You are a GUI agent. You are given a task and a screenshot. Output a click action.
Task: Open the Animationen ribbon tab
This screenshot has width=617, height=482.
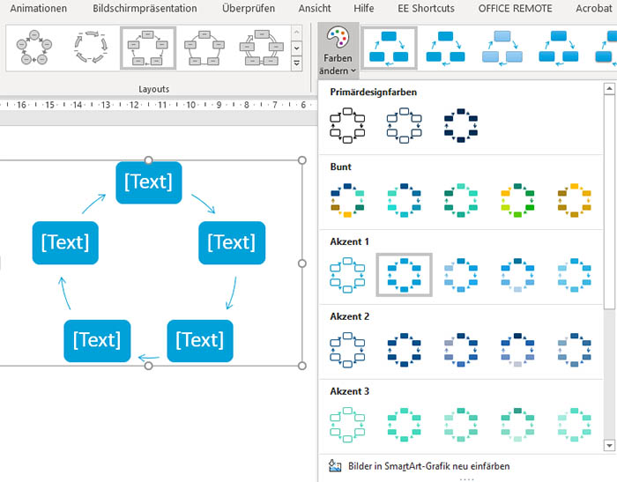(39, 8)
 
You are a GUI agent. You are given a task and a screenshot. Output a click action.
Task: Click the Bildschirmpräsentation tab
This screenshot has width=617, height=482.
(145, 8)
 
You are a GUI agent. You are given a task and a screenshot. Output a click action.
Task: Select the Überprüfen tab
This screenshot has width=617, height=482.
(249, 8)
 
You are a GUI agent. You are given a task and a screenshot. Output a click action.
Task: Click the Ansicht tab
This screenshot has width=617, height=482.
(315, 8)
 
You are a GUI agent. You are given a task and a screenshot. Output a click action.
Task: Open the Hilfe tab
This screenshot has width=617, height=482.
(363, 8)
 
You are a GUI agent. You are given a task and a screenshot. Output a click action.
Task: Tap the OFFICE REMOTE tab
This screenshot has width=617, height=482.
(515, 8)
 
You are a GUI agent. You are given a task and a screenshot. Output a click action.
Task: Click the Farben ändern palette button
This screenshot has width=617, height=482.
(338, 49)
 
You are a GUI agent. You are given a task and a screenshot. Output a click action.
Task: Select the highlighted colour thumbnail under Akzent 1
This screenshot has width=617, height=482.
(404, 275)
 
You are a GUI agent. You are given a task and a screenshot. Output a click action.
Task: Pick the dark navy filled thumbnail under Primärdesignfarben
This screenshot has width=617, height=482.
(461, 125)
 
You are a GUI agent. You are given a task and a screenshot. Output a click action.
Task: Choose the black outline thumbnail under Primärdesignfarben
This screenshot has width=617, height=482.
(347, 125)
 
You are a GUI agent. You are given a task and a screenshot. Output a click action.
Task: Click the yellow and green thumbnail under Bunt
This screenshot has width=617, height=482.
(517, 200)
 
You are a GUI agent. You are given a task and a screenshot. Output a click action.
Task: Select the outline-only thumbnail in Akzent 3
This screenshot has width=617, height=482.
(347, 425)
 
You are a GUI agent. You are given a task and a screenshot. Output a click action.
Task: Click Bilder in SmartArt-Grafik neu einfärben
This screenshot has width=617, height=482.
(428, 466)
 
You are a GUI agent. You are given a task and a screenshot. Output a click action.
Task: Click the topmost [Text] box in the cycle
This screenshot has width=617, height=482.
(149, 182)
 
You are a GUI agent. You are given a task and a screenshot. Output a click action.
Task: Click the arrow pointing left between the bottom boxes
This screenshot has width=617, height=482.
(149, 358)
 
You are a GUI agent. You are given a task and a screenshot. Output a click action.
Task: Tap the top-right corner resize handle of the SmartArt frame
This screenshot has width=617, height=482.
(301, 160)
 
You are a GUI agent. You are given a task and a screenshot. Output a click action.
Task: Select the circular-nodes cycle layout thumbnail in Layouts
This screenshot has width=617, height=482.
(34, 47)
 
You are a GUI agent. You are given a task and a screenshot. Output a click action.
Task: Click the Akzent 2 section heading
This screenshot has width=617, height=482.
(349, 316)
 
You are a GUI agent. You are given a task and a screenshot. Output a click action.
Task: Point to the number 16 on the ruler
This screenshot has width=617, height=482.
(21, 105)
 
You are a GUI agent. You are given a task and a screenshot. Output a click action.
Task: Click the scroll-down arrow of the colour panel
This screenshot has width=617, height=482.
(609, 445)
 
